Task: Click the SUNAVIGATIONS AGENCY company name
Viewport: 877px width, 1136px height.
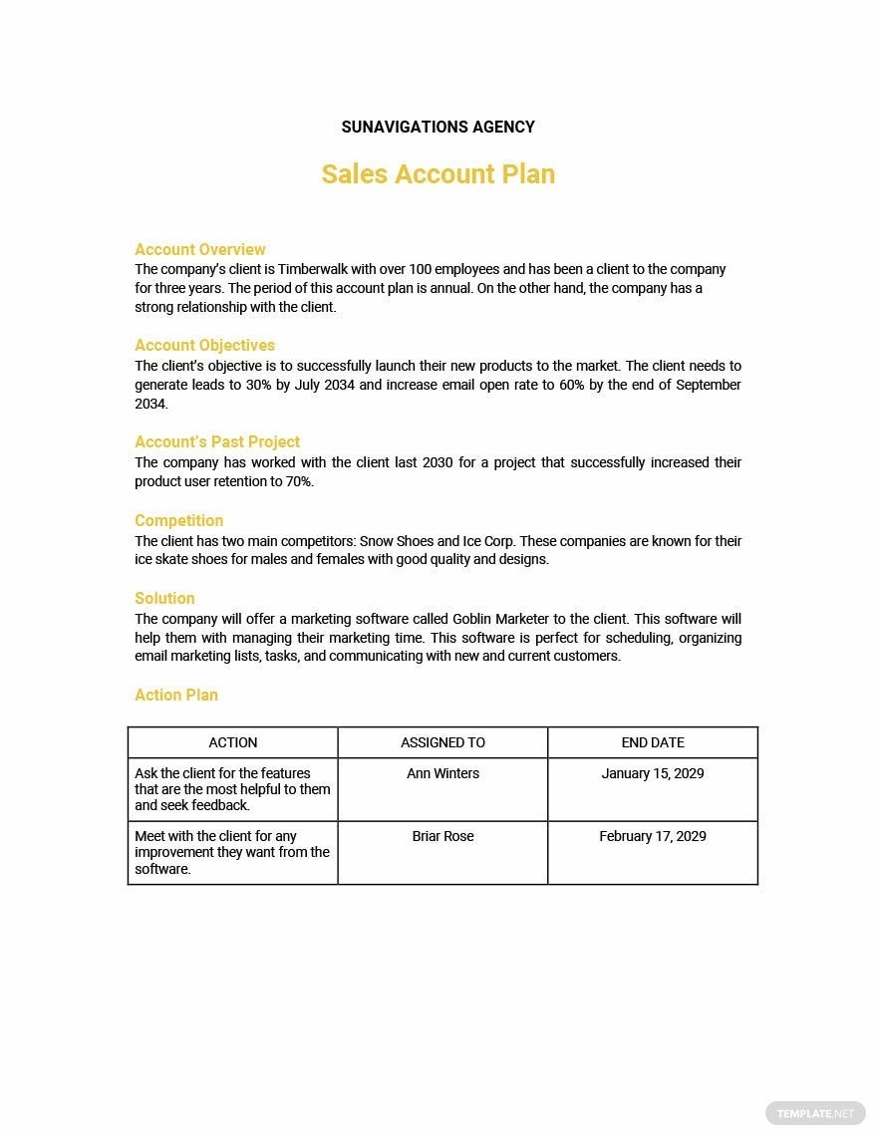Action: (x=438, y=127)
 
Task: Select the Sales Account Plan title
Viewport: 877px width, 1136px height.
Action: (x=438, y=174)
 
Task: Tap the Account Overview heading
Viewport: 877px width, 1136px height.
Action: (x=200, y=249)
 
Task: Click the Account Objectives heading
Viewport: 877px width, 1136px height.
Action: (x=204, y=345)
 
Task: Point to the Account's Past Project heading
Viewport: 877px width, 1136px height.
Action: (x=217, y=441)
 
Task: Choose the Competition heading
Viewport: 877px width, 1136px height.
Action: (x=179, y=520)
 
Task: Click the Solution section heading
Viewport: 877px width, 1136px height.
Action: (x=164, y=598)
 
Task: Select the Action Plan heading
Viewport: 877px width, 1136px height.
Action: (x=176, y=695)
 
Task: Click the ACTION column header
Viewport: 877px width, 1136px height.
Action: (x=233, y=742)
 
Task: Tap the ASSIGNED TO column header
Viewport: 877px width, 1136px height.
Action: (x=442, y=742)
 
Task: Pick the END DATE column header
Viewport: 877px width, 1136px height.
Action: (x=653, y=742)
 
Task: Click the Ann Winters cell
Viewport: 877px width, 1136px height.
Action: (x=442, y=773)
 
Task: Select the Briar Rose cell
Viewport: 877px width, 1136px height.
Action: (x=442, y=836)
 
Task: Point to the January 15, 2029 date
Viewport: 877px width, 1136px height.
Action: (x=653, y=773)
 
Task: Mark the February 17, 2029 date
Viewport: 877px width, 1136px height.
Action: (x=653, y=836)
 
